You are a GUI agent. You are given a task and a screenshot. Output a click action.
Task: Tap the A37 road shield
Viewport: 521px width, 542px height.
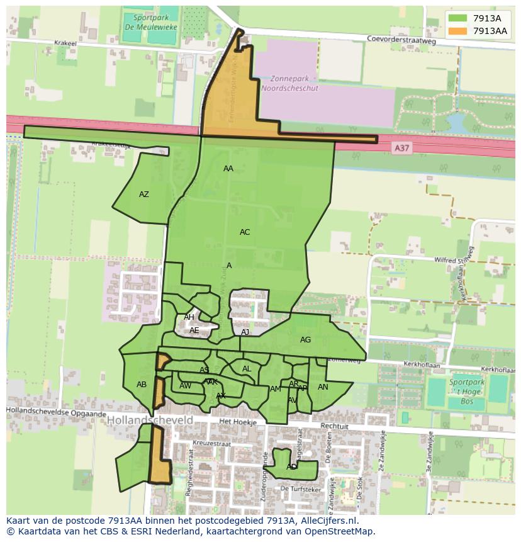click(401, 147)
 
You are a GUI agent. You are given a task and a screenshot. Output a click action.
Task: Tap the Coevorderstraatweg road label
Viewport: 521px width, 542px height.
click(401, 39)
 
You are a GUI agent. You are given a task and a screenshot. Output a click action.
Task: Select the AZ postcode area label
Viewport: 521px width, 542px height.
click(144, 195)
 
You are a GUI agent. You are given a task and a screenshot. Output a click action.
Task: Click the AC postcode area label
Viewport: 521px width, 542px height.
click(245, 232)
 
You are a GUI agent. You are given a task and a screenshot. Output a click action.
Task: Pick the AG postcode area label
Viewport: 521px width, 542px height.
click(305, 340)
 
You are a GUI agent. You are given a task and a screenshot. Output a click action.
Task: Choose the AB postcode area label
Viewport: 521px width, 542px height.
click(142, 385)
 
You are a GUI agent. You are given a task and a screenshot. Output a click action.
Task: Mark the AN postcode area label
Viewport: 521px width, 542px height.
click(323, 387)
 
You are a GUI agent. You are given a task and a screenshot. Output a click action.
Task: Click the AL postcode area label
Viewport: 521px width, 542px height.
click(247, 369)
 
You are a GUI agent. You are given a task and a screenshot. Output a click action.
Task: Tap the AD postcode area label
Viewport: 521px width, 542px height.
click(291, 467)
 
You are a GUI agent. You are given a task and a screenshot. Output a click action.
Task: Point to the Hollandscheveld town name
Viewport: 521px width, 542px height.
click(150, 419)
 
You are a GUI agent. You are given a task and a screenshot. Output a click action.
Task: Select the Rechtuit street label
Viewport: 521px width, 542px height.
click(334, 426)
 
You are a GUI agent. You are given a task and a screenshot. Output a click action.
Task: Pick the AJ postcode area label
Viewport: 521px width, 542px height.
click(245, 332)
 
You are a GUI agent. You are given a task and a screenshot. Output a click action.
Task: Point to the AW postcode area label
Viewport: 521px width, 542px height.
click(185, 386)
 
